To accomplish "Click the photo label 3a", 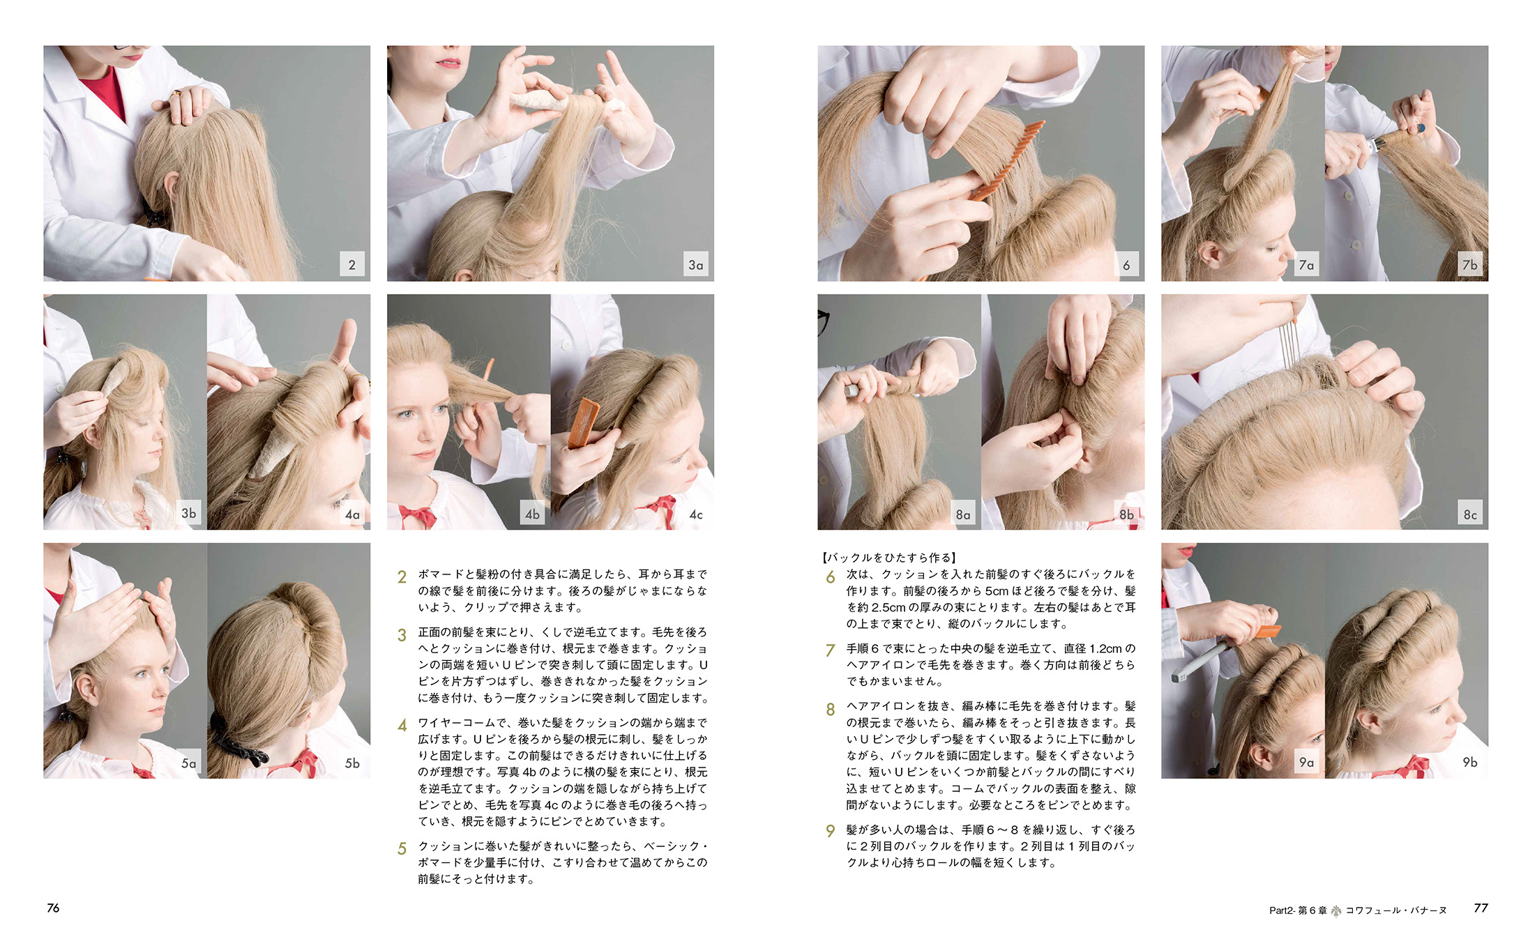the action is tap(695, 265).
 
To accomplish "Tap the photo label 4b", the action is tap(532, 514).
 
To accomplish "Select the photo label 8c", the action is tap(1469, 514).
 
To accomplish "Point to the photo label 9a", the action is tap(1306, 762).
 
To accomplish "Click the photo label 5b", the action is tap(352, 763).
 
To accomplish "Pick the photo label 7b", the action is tap(1469, 265).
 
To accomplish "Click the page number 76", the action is tap(53, 908).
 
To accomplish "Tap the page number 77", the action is tap(1481, 908).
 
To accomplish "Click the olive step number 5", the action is tap(402, 848).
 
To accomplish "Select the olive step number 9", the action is tap(830, 831).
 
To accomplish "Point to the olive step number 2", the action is tap(402, 577).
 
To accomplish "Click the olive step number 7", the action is tap(830, 650).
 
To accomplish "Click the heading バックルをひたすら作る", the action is tap(889, 558).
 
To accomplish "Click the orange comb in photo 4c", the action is tap(583, 422).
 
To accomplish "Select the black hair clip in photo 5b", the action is tap(237, 739).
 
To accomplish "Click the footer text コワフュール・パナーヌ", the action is tap(1395, 910).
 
